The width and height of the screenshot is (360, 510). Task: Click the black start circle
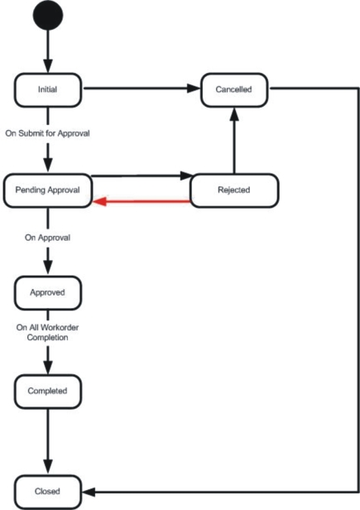pyautogui.click(x=48, y=15)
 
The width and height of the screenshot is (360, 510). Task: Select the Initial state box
pyautogui.click(x=48, y=89)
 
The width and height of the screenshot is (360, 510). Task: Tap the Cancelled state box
pyautogui.click(x=234, y=89)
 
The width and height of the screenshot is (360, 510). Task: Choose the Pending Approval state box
pyautogui.click(x=48, y=190)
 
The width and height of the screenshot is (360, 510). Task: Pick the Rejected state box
pyautogui.click(x=234, y=190)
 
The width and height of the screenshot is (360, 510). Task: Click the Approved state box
pyautogui.click(x=48, y=293)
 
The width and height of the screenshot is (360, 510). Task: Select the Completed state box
pyautogui.click(x=48, y=392)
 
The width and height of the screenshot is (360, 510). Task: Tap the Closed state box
pyautogui.click(x=48, y=492)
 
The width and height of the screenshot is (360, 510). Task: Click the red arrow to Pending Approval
pyautogui.click(x=142, y=201)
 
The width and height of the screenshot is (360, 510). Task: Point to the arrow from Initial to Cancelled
pyautogui.click(x=142, y=88)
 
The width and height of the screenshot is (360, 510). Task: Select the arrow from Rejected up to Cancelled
pyautogui.click(x=234, y=141)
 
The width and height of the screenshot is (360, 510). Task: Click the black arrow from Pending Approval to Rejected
pyautogui.click(x=142, y=176)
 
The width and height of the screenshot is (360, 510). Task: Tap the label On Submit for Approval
pyautogui.click(x=47, y=133)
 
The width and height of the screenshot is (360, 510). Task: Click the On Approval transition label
pyautogui.click(x=47, y=238)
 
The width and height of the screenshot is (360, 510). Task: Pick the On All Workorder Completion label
pyautogui.click(x=47, y=332)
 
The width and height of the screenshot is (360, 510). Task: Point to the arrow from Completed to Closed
pyautogui.click(x=48, y=441)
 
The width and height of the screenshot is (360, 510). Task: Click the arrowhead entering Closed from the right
pyautogui.click(x=89, y=492)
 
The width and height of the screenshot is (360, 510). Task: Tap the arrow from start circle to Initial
pyautogui.click(x=48, y=51)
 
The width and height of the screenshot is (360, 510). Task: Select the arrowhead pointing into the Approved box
pyautogui.click(x=48, y=267)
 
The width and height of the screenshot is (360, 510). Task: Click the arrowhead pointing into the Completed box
pyautogui.click(x=48, y=366)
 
